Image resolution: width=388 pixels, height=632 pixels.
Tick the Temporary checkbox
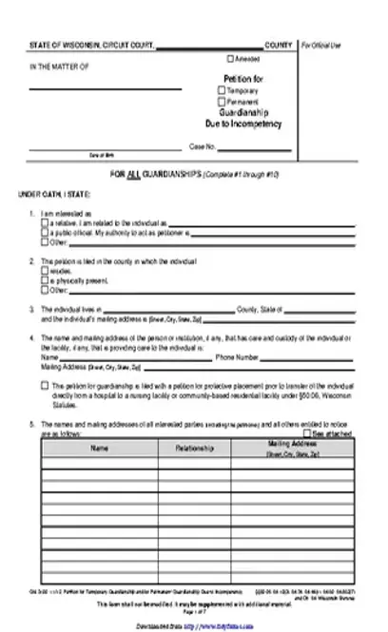222,90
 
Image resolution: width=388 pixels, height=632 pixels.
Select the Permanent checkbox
222,101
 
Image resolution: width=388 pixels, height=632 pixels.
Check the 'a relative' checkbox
45,221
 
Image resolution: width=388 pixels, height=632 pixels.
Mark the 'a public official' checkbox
45,231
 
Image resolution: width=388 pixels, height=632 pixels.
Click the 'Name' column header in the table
100,446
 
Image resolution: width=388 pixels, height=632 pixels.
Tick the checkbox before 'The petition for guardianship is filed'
45,384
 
